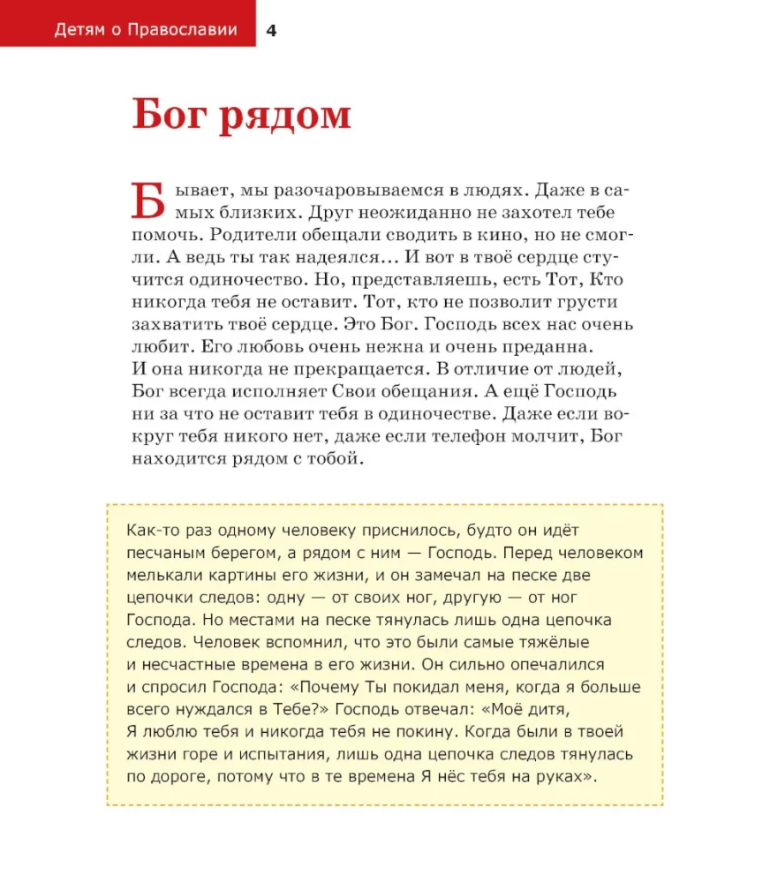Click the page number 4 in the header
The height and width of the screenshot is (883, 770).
(x=271, y=30)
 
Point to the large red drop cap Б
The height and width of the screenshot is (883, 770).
(x=147, y=200)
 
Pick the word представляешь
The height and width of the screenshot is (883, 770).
(x=432, y=280)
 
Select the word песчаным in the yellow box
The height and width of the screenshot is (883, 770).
(x=167, y=553)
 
